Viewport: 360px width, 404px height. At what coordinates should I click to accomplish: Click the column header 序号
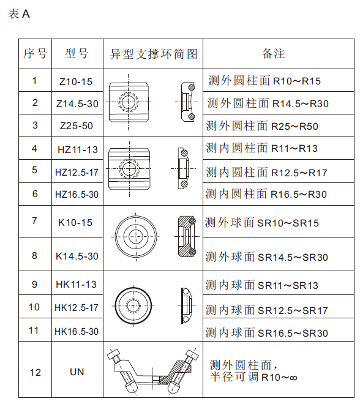pos(35,53)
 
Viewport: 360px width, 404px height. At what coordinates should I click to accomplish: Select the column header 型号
pos(77,53)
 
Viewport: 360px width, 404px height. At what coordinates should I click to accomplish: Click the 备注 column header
pos(274,53)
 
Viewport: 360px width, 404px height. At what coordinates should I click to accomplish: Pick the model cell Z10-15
pos(77,81)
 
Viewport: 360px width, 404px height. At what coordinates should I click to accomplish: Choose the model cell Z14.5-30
pos(77,103)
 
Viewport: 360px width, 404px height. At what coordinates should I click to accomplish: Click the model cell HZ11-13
pos(77,149)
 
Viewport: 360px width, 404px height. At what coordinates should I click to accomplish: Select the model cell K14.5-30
pos(77,255)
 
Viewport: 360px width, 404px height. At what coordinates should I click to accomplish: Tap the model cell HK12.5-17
pos(77,307)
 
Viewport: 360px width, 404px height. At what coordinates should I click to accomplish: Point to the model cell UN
pos(77,372)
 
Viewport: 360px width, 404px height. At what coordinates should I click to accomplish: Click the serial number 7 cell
pos(35,221)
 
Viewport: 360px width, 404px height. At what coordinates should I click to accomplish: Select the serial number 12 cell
pos(35,372)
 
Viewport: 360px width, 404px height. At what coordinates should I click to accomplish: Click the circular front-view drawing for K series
pos(133,236)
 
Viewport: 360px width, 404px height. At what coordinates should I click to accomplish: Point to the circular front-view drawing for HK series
pos(133,304)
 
